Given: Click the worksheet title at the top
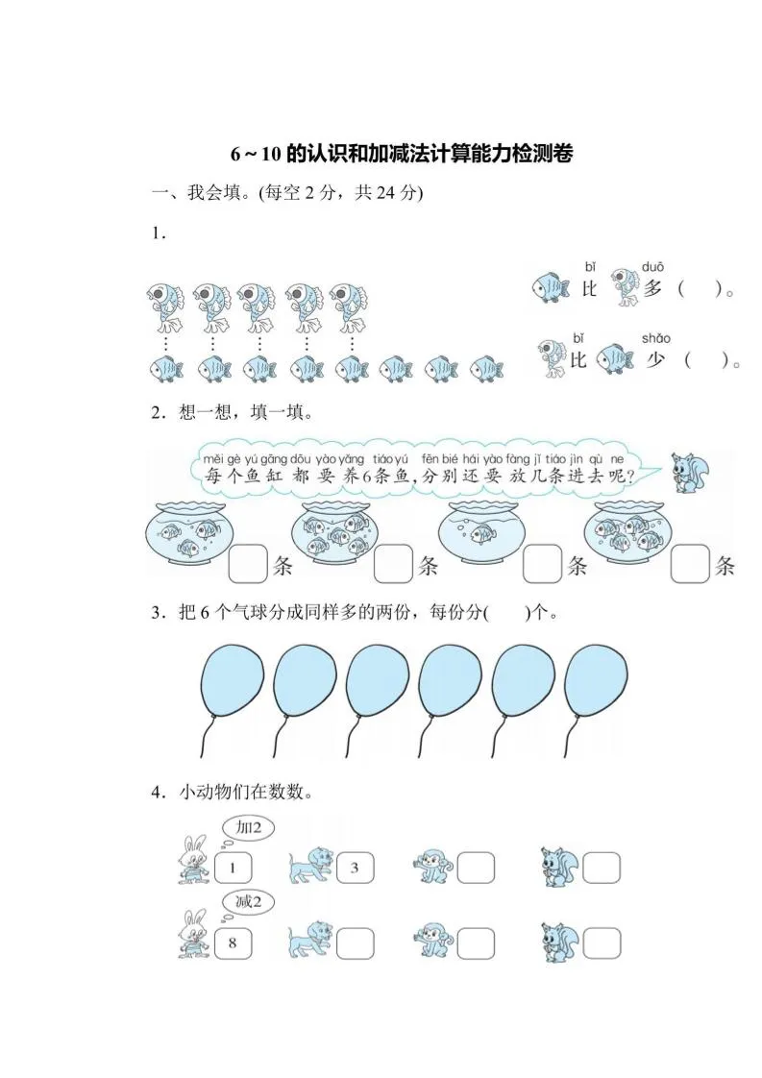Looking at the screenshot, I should tap(402, 154).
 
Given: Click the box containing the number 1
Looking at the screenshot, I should tap(233, 869).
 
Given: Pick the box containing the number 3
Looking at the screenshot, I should tap(354, 869).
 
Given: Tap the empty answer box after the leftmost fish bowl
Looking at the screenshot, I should tap(248, 565).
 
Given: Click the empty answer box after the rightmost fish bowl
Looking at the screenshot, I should tap(690, 565).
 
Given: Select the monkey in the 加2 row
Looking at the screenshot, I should tap(430, 866).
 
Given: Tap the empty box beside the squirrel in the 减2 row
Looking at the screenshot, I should tap(602, 942).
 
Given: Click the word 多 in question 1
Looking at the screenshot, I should tap(653, 287).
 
